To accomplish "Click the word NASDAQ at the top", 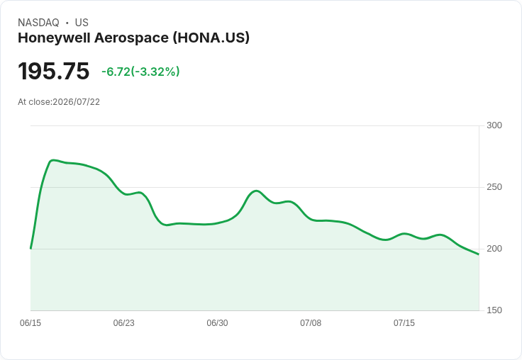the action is coord(38,23).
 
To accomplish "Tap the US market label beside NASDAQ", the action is coord(82,23).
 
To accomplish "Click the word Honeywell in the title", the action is coord(54,38).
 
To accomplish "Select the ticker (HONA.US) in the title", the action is coord(211,38).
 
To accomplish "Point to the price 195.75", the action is coord(54,71).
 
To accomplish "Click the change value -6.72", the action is coord(116,72).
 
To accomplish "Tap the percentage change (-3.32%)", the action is coord(155,72).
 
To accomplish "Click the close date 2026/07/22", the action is coord(76,102).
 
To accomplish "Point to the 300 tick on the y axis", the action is coord(494,125).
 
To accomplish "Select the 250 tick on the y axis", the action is coord(494,187).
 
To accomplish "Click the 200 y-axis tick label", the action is coord(494,249).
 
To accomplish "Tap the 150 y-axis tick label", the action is coord(494,310).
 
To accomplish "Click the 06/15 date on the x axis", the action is coord(30,323).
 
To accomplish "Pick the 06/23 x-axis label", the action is coord(124,323).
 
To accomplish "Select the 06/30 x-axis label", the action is coord(218,323).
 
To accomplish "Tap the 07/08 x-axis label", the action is coord(311,323).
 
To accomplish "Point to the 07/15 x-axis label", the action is coord(404,323).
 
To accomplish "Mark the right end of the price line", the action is coord(479,254).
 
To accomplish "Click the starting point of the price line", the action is coord(30,248).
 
